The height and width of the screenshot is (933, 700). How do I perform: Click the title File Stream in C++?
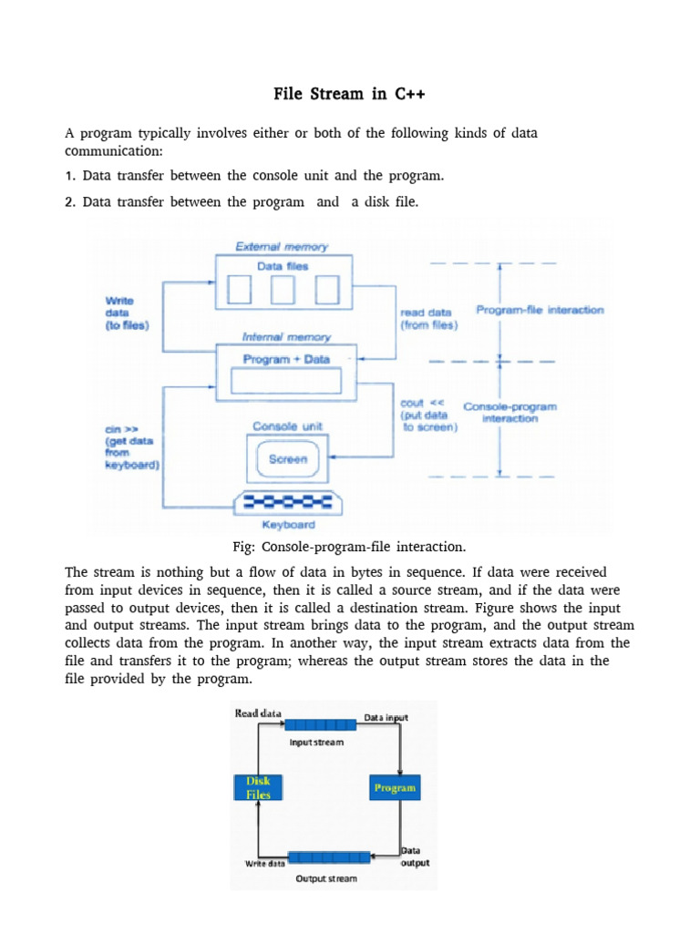[349, 94]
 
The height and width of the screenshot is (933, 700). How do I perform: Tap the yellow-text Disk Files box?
[258, 787]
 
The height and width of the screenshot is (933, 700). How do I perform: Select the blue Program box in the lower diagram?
[395, 787]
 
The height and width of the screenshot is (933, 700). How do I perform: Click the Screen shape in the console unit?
[287, 459]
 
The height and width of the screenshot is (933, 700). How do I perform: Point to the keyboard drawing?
[288, 503]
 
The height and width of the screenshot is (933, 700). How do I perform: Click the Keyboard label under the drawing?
[289, 525]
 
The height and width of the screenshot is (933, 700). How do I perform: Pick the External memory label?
[282, 246]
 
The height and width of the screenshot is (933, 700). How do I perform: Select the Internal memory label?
[286, 337]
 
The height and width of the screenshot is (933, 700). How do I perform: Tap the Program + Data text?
[286, 359]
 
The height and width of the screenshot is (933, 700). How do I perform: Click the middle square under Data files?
[283, 289]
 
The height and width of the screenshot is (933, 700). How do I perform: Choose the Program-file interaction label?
[540, 310]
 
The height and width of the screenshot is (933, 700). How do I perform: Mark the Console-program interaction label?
[510, 413]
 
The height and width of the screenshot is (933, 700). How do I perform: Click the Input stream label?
[316, 742]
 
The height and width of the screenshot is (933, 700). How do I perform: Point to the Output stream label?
[326, 878]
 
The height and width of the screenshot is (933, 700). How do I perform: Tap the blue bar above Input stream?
[320, 724]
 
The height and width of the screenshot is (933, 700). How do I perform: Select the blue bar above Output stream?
[329, 857]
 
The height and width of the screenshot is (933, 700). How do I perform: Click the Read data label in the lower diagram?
[258, 713]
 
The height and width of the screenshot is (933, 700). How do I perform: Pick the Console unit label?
[287, 426]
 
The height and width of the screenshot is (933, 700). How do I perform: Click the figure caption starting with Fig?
[349, 547]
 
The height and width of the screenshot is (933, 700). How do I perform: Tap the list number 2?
[70, 202]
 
